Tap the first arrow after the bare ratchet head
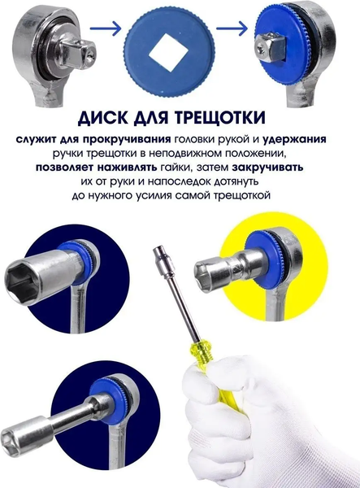pyautogui.click(x=105, y=28)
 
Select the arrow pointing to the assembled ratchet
pyautogui.click(x=232, y=28)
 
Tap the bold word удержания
pyautogui.click(x=295, y=139)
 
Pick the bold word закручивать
pyautogui.click(x=267, y=168)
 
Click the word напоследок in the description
pyautogui.click(x=180, y=181)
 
